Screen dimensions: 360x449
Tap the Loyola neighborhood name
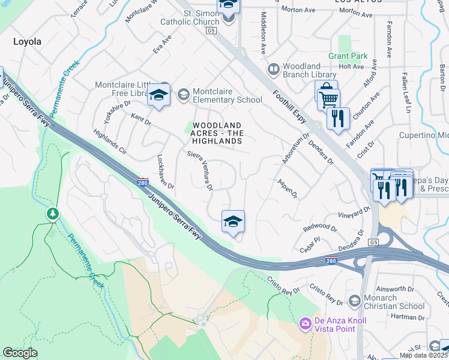(x=28, y=41)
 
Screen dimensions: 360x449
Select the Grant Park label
(x=348, y=56)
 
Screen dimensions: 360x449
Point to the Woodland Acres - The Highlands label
(x=217, y=133)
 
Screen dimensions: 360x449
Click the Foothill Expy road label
(x=290, y=108)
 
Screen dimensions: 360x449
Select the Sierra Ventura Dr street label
(x=200, y=170)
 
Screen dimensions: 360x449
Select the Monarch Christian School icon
(x=355, y=300)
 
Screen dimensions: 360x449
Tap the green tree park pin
(x=53, y=213)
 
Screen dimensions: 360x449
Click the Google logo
(x=20, y=353)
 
